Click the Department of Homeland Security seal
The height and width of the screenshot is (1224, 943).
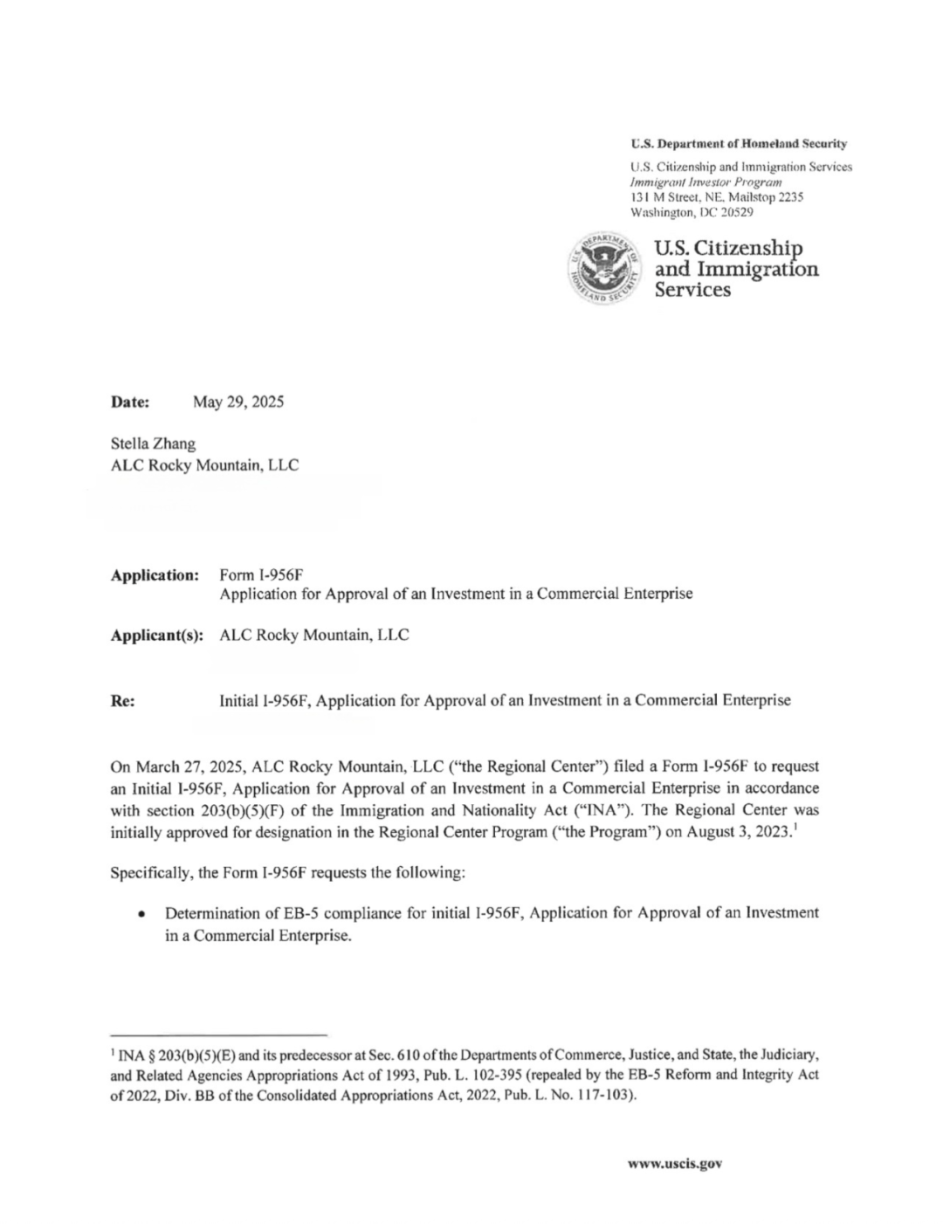602,271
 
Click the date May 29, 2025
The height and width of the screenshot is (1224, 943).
238,402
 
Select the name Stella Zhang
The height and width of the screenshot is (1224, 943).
153,444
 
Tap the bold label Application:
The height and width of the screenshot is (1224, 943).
155,574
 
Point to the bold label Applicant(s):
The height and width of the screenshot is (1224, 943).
156,635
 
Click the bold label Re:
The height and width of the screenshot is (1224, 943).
122,699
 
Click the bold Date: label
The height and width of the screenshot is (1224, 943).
130,402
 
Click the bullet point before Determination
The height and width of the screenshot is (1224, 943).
141,914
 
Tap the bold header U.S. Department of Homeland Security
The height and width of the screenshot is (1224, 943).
738,144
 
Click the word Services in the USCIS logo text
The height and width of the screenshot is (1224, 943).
692,290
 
